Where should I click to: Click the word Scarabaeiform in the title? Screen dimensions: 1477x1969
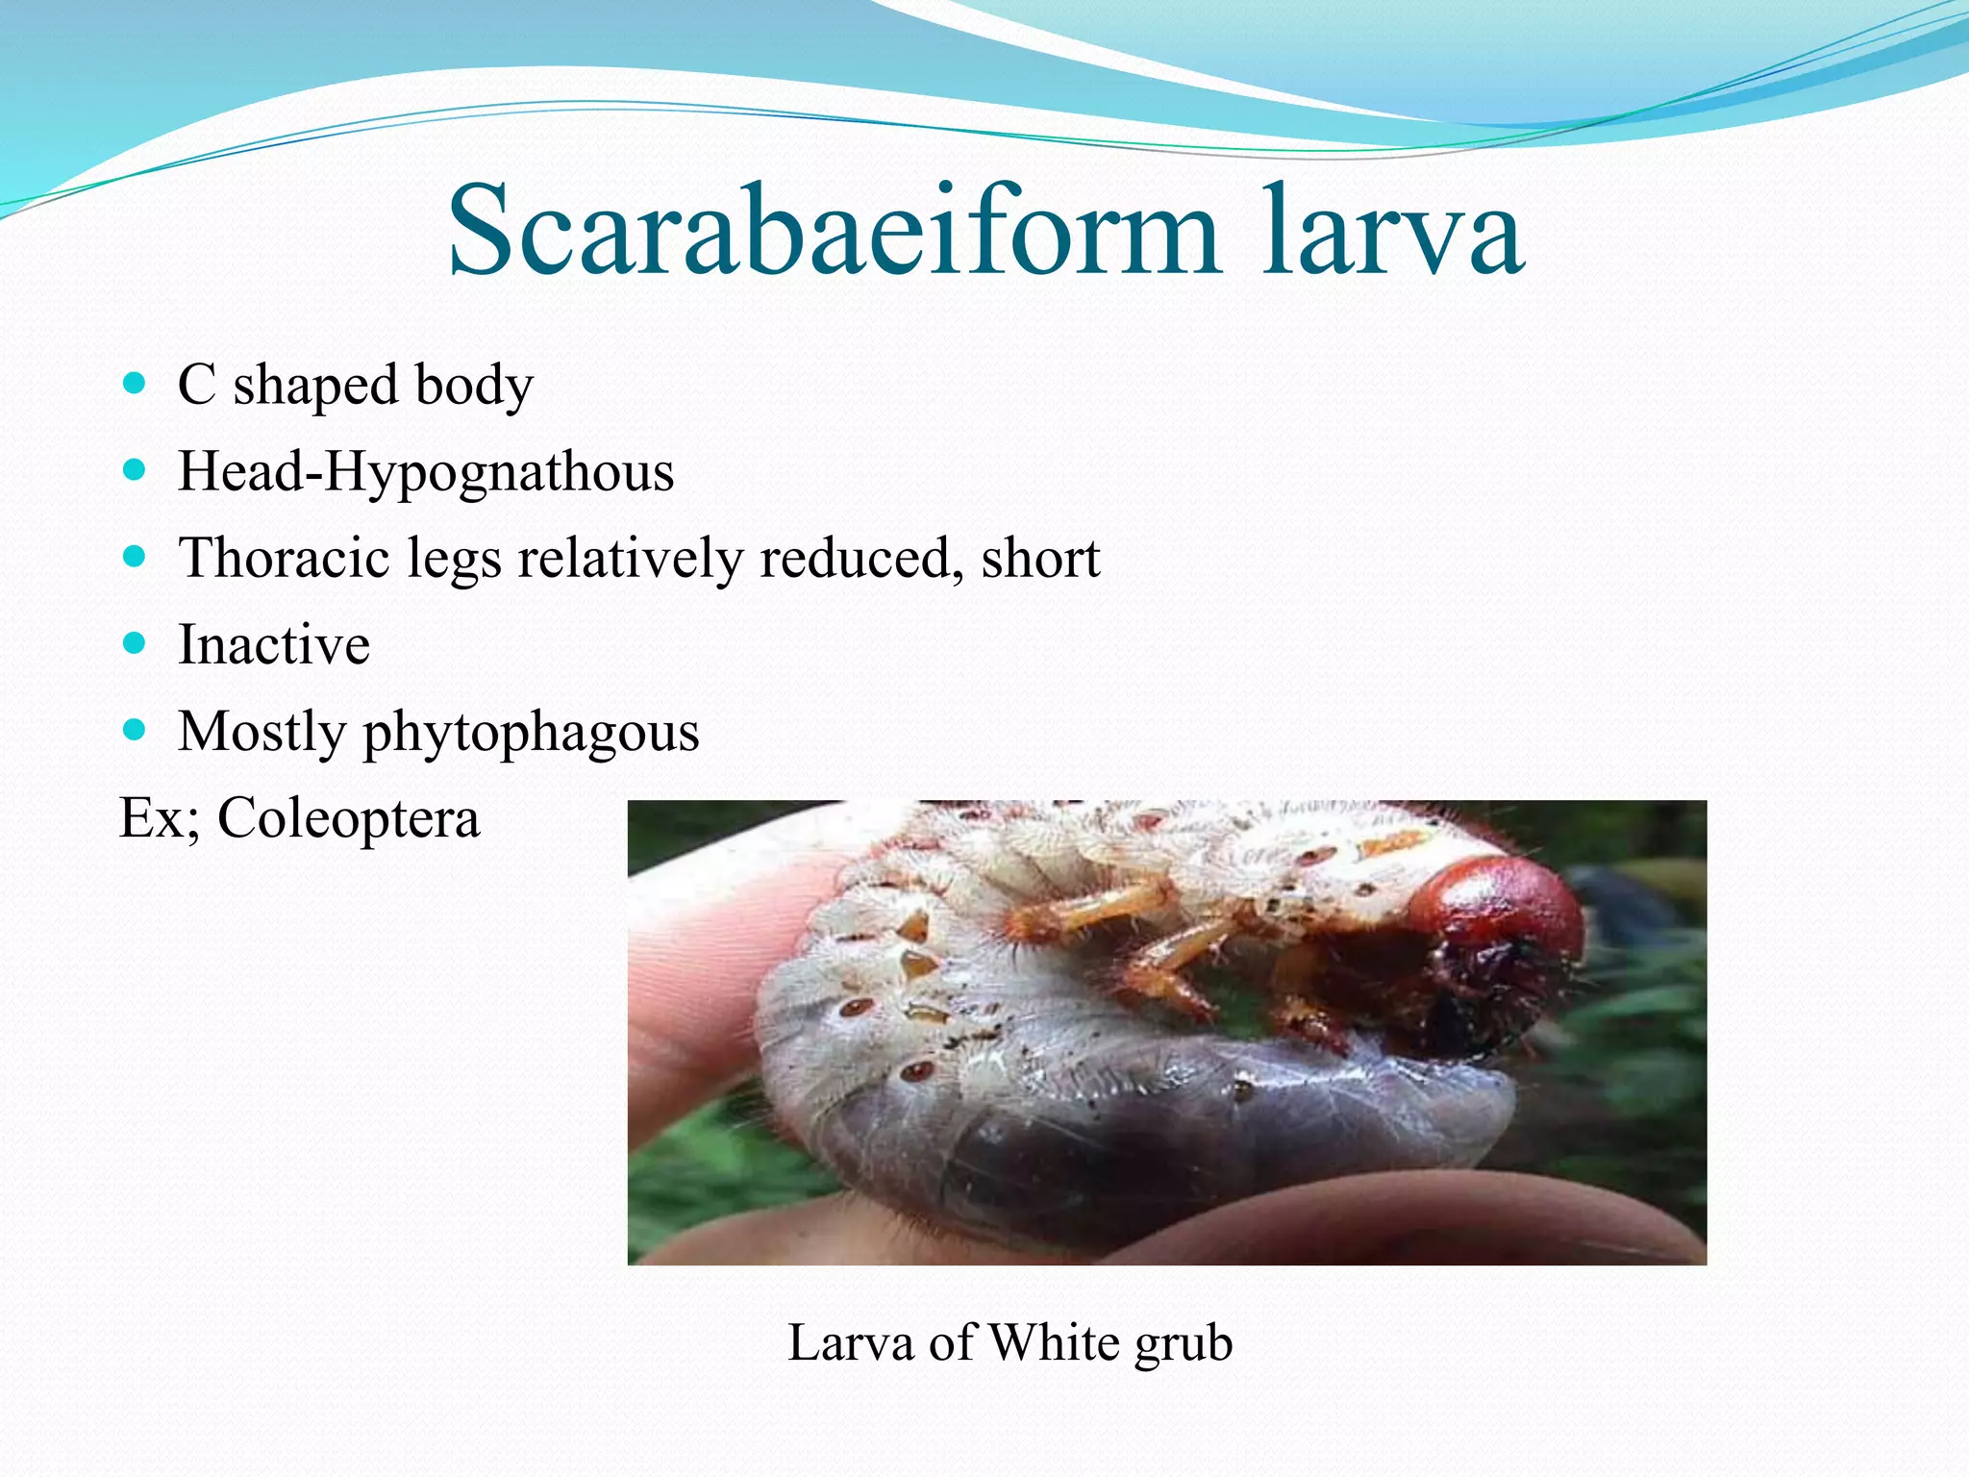(833, 233)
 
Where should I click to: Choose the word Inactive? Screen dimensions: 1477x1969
(274, 644)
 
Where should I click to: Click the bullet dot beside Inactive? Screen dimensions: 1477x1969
(135, 643)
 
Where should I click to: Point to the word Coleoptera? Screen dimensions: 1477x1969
(348, 819)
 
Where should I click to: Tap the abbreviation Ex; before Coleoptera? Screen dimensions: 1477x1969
(159, 819)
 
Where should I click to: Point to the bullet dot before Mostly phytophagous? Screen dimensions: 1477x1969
(135, 730)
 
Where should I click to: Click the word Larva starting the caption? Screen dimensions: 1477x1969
(850, 1342)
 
